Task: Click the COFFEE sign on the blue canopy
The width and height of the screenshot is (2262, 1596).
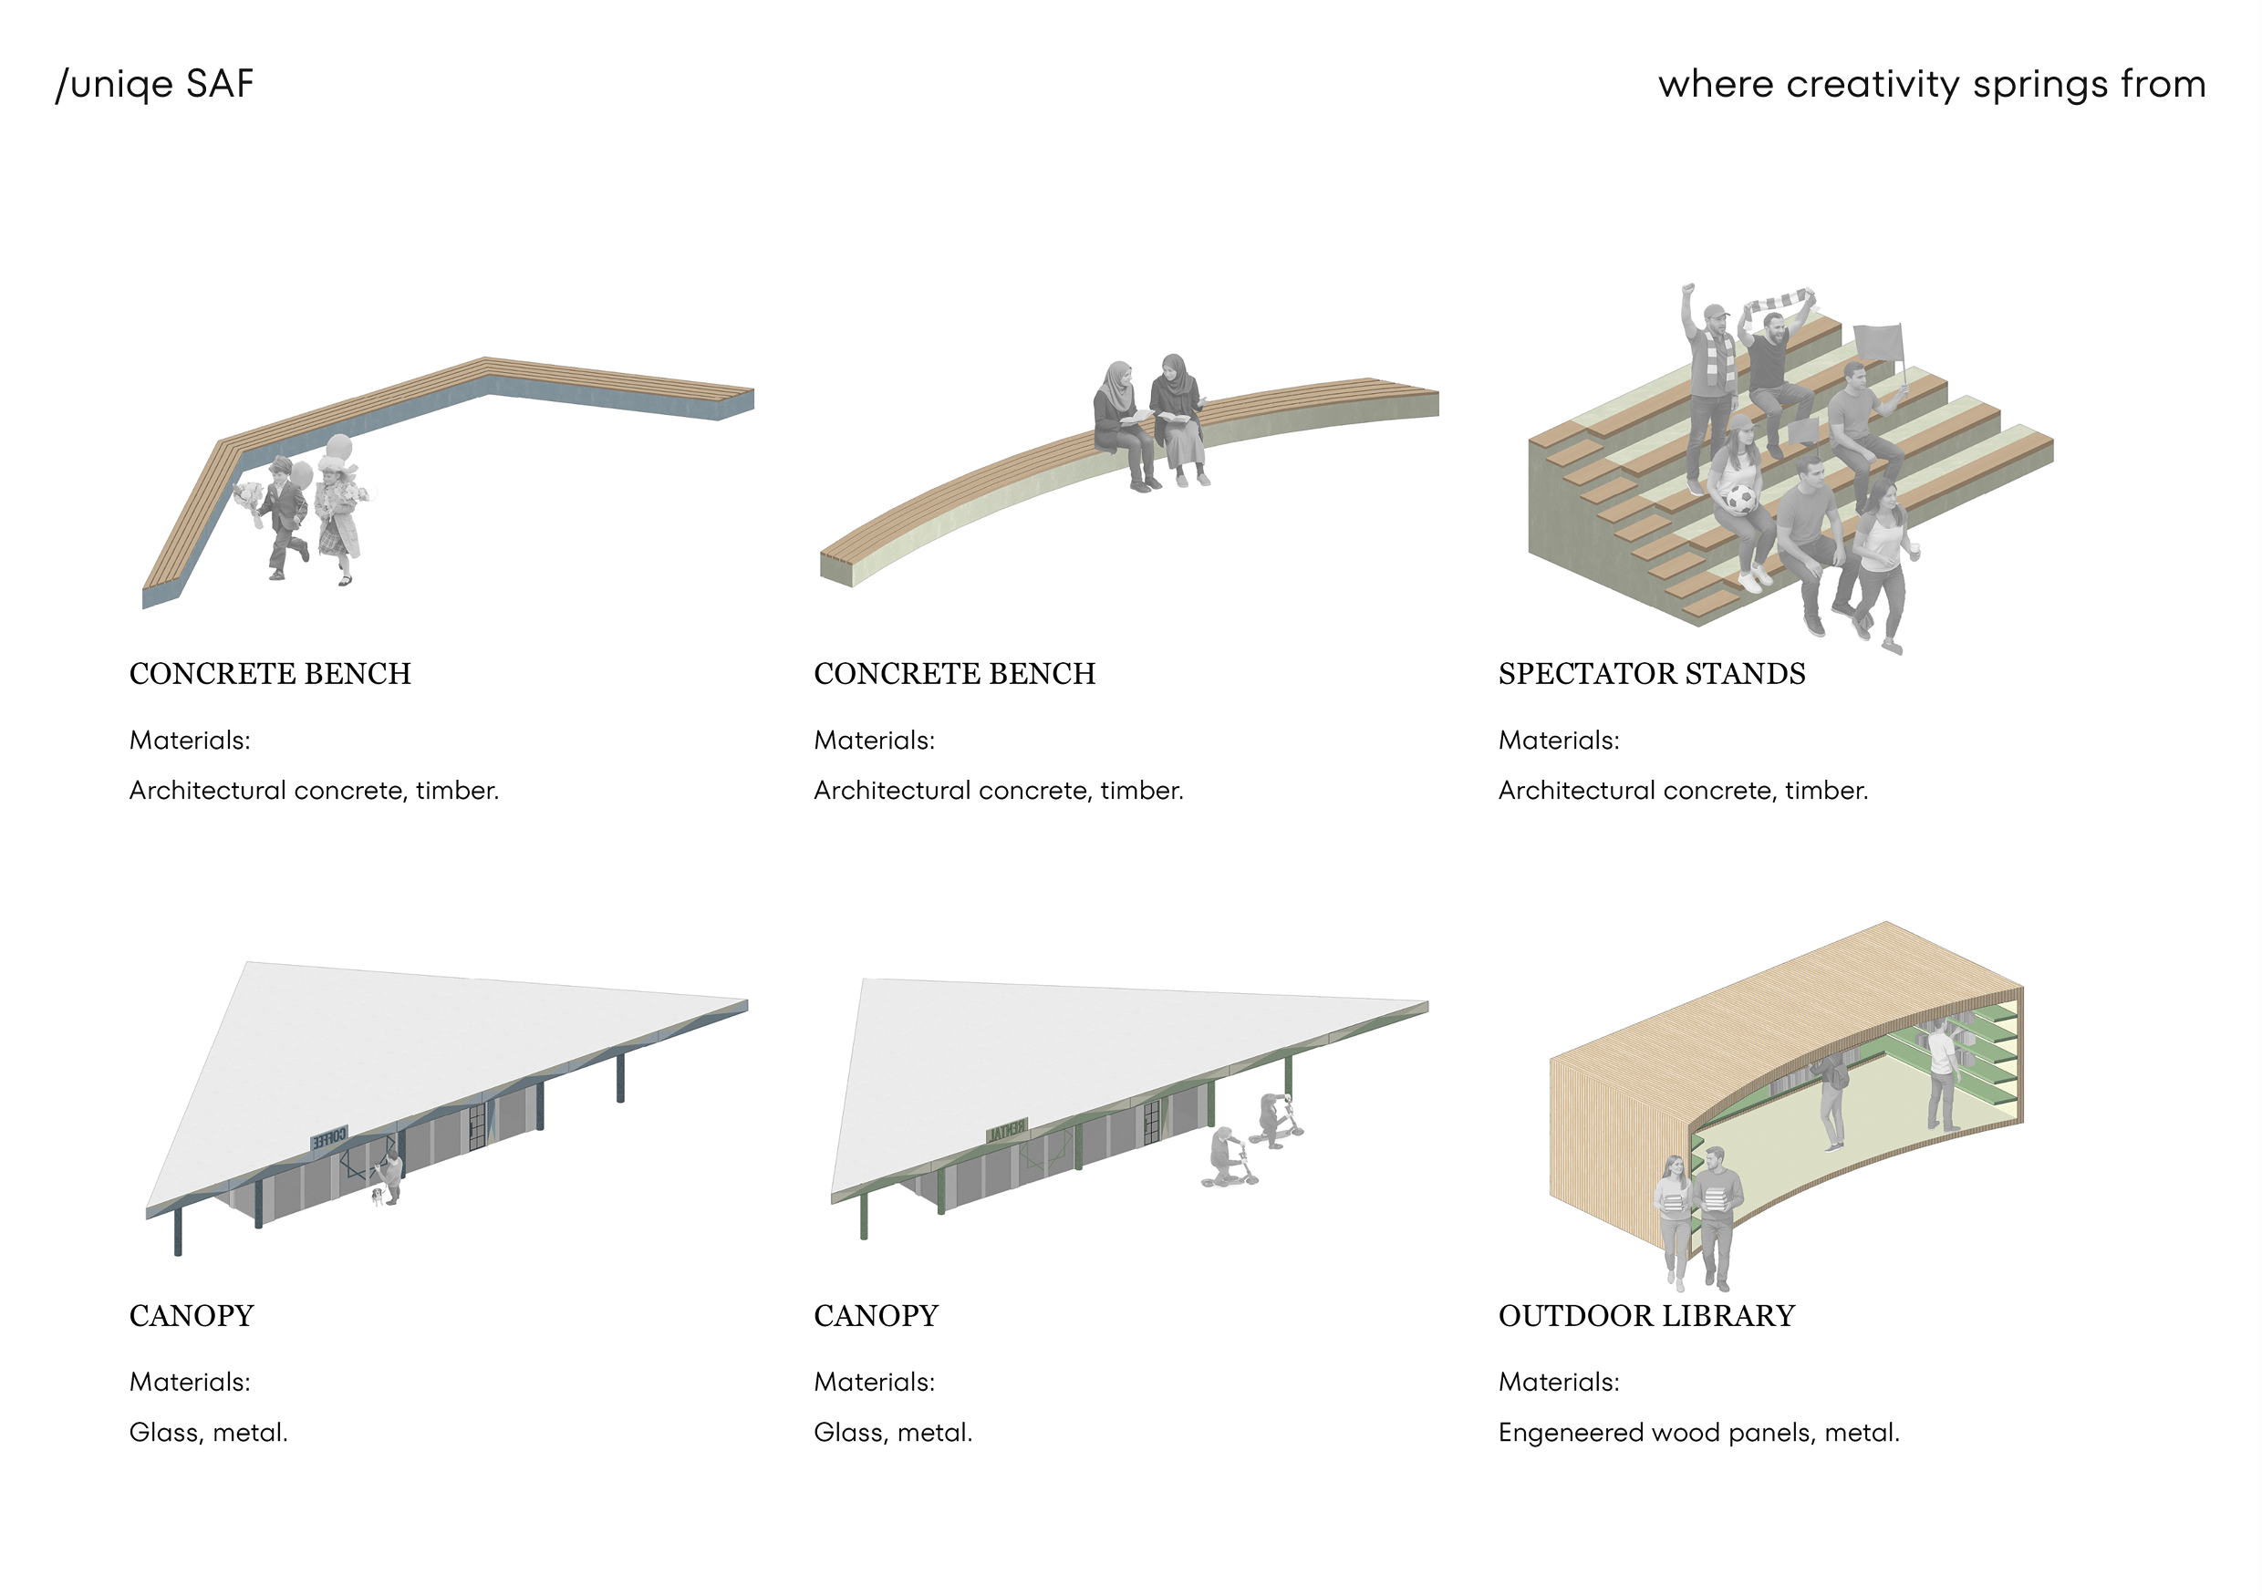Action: coord(329,1138)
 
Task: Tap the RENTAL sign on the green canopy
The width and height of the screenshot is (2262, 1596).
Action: coord(1007,1131)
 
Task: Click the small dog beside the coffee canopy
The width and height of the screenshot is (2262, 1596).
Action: coord(377,1196)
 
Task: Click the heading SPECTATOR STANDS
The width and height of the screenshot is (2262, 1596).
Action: coord(1651,674)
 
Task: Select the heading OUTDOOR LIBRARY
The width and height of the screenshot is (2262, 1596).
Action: coord(1646,1316)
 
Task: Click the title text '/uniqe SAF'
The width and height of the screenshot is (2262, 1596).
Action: coord(155,84)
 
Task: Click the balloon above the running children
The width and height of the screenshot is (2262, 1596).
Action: coord(337,447)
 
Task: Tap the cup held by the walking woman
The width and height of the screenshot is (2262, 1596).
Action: coord(1914,544)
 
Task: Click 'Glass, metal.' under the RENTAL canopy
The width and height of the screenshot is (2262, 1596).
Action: coord(893,1434)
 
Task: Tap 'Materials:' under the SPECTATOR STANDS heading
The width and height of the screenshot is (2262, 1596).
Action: coord(1559,741)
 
